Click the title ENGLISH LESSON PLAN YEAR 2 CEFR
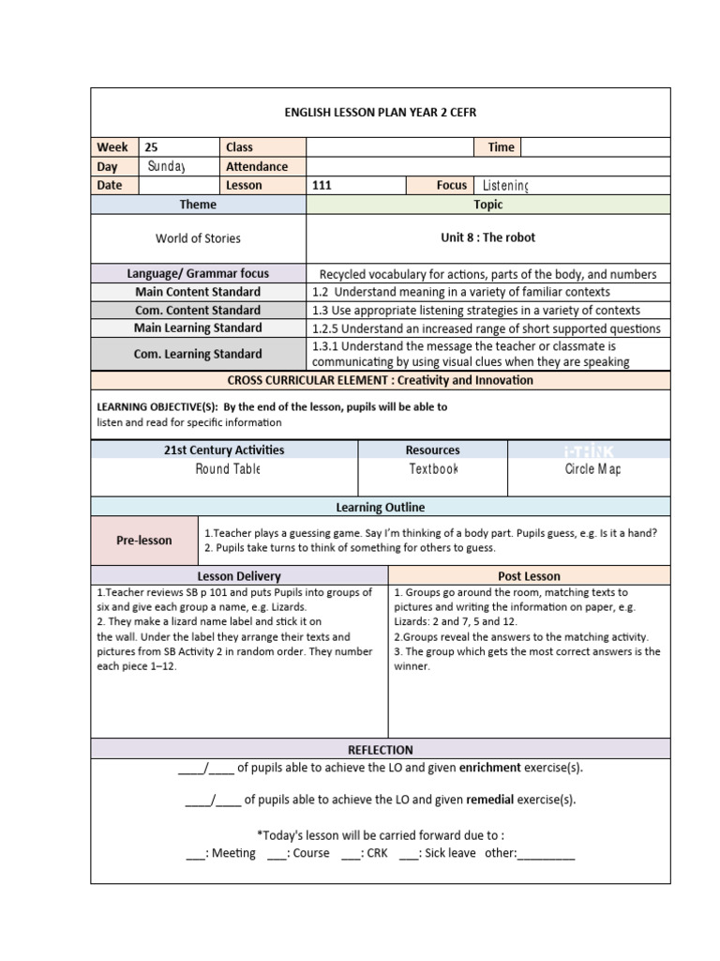(x=381, y=113)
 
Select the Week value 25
(x=152, y=147)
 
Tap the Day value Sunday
(x=167, y=166)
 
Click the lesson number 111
(x=322, y=186)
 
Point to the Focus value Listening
(x=505, y=186)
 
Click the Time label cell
(x=501, y=147)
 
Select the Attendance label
(x=257, y=166)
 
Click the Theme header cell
(x=198, y=205)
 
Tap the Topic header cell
(x=487, y=205)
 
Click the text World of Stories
(x=198, y=238)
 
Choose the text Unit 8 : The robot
(x=487, y=238)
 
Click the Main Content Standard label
(x=198, y=292)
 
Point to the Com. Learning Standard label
(x=198, y=354)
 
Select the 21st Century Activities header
(x=224, y=450)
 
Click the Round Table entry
(x=227, y=469)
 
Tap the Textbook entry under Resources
(x=433, y=469)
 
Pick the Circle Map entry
(x=592, y=469)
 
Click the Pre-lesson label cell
(x=144, y=541)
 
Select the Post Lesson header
(x=529, y=576)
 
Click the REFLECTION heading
(x=381, y=750)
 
